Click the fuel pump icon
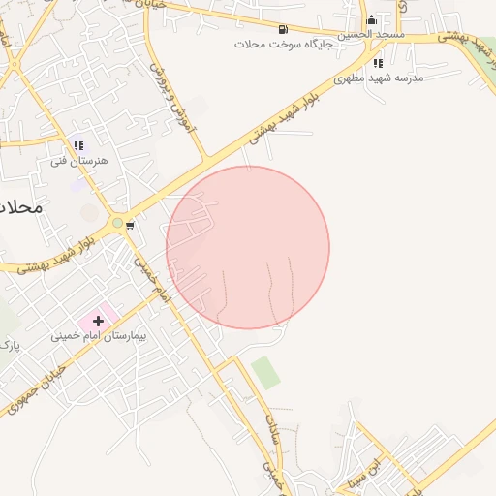pyautogui.click(x=282, y=29)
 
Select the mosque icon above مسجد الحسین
pyautogui.click(x=371, y=20)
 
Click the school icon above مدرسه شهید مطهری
pyautogui.click(x=378, y=63)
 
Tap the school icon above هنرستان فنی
pyautogui.click(x=79, y=145)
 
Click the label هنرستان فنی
pyautogui.click(x=79, y=160)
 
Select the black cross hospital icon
pyautogui.click(x=98, y=320)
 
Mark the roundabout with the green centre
pyautogui.click(x=117, y=223)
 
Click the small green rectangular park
pyautogui.click(x=265, y=372)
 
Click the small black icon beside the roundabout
pyautogui.click(x=130, y=226)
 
